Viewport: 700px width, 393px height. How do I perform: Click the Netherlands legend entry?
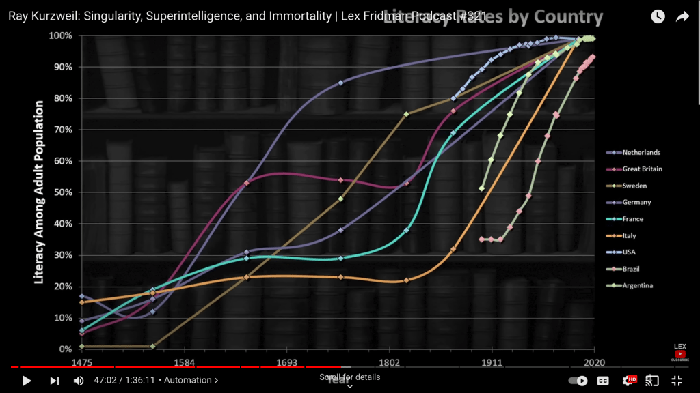click(641, 152)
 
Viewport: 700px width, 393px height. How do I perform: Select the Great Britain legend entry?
click(642, 169)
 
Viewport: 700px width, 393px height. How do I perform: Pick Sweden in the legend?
click(634, 186)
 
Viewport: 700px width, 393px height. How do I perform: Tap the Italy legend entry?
click(629, 236)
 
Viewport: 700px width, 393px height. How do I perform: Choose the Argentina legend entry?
click(637, 285)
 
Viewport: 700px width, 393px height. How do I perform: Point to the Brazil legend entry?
click(631, 269)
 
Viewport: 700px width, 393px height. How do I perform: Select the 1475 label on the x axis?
click(81, 362)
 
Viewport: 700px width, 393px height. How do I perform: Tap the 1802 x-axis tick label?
click(389, 362)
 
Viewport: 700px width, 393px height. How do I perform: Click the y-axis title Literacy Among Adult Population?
click(40, 192)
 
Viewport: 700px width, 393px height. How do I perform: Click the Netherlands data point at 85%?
click(341, 83)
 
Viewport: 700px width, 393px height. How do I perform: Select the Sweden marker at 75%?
click(406, 114)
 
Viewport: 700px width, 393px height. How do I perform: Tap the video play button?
click(27, 381)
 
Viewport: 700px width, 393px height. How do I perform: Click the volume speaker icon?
click(79, 381)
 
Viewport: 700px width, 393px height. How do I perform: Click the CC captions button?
click(603, 381)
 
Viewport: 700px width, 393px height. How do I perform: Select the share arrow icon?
click(682, 16)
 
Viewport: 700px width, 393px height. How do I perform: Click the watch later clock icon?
click(658, 16)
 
